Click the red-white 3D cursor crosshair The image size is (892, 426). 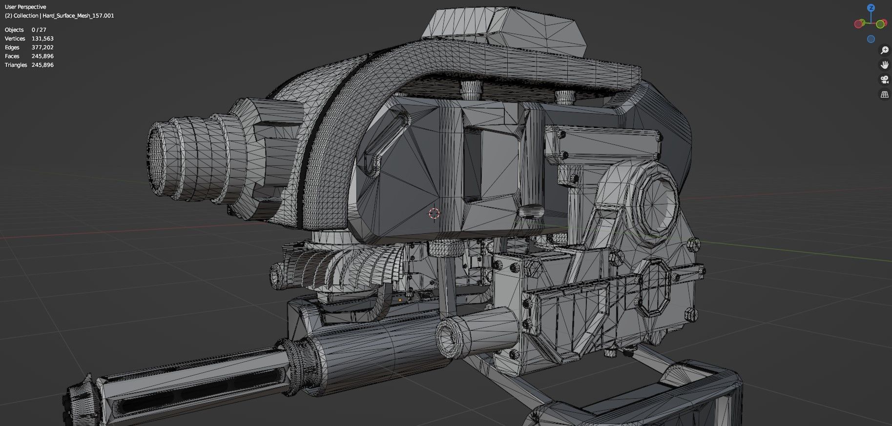tap(434, 213)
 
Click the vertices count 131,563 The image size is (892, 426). tap(42, 39)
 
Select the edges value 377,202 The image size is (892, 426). tap(42, 47)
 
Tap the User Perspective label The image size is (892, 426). tap(25, 7)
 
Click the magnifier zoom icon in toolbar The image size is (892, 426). tap(884, 50)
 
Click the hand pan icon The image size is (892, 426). tap(884, 65)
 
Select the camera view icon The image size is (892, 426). tap(884, 80)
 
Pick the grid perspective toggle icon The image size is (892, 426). tap(884, 95)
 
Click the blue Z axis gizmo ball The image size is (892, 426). tap(871, 8)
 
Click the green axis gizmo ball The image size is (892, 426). tap(881, 24)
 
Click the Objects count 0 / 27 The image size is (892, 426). tap(39, 30)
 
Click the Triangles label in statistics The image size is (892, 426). tap(16, 65)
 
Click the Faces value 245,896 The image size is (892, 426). tap(42, 56)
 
